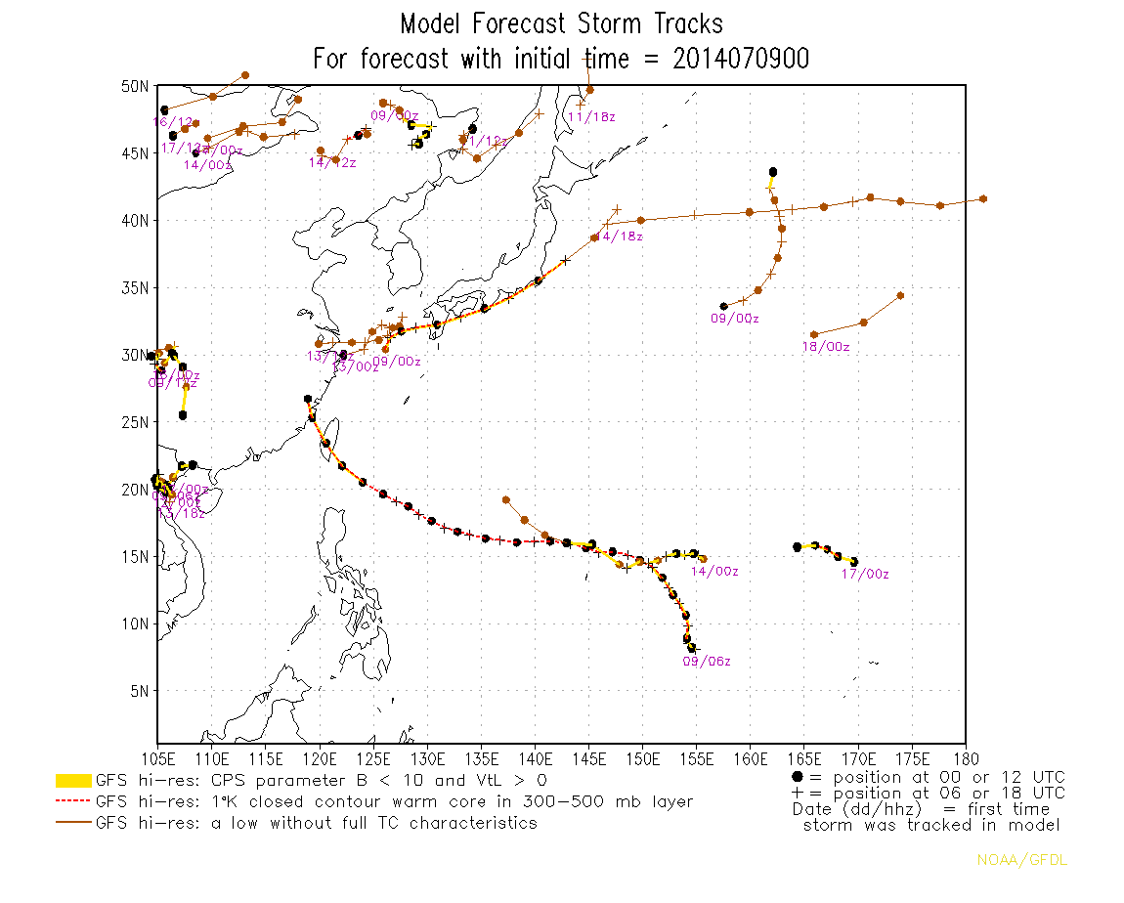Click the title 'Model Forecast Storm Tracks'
pyautogui.click(x=561, y=23)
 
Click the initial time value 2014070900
pyautogui.click(x=741, y=59)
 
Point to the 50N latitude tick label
pyautogui.click(x=134, y=86)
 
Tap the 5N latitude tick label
pyautogui.click(x=138, y=691)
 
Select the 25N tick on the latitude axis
pyautogui.click(x=134, y=422)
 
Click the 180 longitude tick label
pyautogui.click(x=965, y=759)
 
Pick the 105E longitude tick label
pyautogui.click(x=157, y=759)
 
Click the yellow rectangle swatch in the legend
pyautogui.click(x=73, y=781)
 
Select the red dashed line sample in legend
pyautogui.click(x=73, y=802)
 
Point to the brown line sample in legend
pyautogui.click(x=73, y=823)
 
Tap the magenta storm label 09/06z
pyautogui.click(x=707, y=662)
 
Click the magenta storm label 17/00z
pyautogui.click(x=865, y=575)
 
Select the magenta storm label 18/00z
pyautogui.click(x=825, y=347)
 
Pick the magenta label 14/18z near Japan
pyautogui.click(x=618, y=236)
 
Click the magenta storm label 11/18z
pyautogui.click(x=591, y=117)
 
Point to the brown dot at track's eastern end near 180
pyautogui.click(x=983, y=199)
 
